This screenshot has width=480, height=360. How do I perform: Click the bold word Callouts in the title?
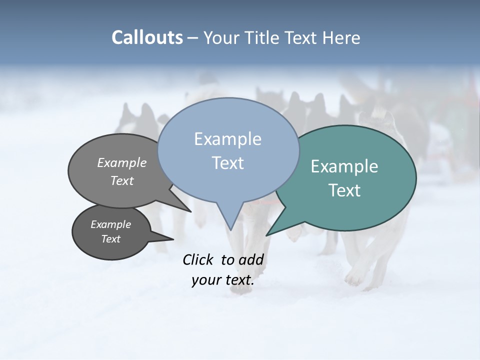(147, 38)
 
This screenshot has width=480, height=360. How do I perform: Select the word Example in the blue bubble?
(227, 139)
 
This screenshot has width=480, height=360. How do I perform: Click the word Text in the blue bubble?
(228, 163)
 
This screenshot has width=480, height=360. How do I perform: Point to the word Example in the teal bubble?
(344, 166)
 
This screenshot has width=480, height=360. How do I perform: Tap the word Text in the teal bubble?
(344, 190)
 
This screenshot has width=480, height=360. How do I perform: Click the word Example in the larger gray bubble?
(122, 162)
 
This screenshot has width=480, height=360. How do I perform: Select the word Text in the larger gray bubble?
(122, 180)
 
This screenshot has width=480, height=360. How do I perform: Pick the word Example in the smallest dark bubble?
(111, 224)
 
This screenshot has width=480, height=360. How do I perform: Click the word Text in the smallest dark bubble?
(111, 239)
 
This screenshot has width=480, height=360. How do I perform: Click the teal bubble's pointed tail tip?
(266, 235)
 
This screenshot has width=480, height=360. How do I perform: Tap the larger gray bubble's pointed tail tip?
(191, 212)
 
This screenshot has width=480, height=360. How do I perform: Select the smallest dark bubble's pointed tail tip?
(173, 239)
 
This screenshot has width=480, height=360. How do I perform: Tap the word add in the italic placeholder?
(251, 259)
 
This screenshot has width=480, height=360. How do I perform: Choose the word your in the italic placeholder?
(206, 280)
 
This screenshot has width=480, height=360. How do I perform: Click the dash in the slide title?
(193, 38)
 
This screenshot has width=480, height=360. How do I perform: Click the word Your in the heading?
(220, 38)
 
